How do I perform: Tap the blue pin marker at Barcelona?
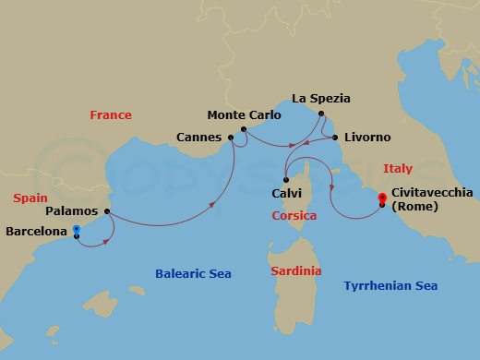77,230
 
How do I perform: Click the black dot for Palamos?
108,211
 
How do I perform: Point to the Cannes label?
198,138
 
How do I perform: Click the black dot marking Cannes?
230,138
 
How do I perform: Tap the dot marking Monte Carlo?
243,129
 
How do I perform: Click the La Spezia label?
321,98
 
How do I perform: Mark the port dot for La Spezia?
321,114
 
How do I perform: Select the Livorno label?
366,138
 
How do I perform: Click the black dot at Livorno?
334,138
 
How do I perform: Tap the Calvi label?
287,193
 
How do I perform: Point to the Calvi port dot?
287,179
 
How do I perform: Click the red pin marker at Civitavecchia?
381,198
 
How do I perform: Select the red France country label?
111,115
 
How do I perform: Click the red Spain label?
30,198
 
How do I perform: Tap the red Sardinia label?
296,271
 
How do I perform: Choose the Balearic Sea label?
193,274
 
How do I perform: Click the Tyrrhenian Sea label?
390,286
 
